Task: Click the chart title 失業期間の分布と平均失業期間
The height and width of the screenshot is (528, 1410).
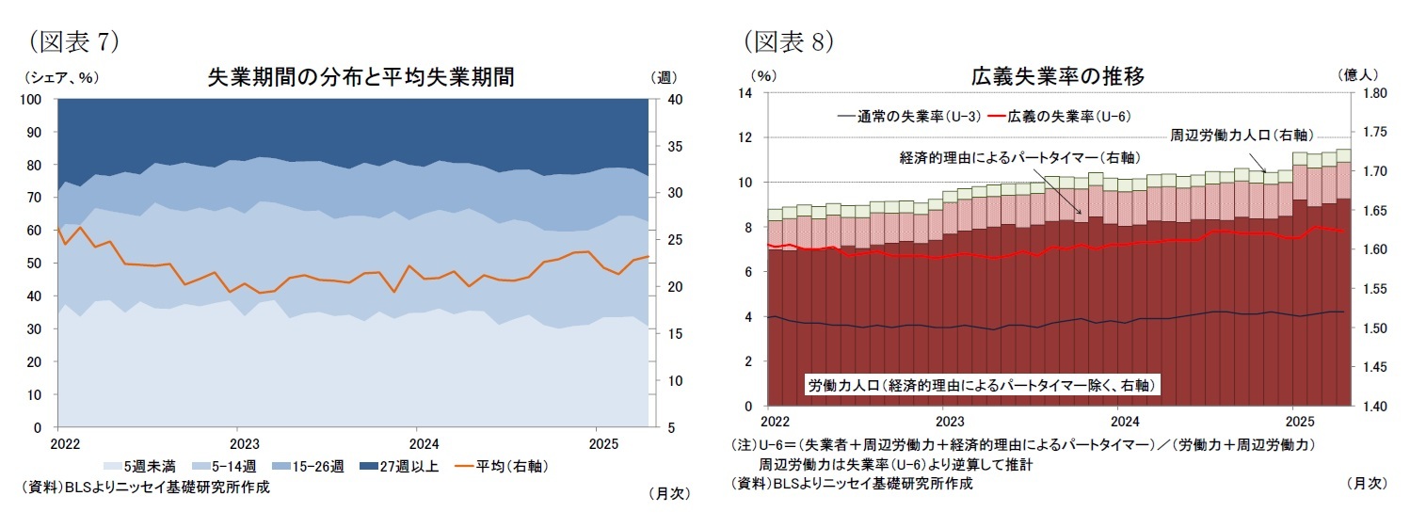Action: [361, 77]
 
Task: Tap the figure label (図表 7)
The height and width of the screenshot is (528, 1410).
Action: [72, 40]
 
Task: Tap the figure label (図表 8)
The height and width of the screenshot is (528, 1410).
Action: [788, 40]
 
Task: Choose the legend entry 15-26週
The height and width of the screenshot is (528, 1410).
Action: [314, 466]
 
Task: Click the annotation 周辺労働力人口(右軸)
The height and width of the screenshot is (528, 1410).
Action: [1242, 136]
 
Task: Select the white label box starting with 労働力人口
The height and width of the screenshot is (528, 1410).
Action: [982, 385]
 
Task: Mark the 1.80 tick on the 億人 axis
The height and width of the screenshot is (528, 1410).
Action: [1376, 93]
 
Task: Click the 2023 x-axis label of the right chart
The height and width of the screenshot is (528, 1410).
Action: [950, 421]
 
